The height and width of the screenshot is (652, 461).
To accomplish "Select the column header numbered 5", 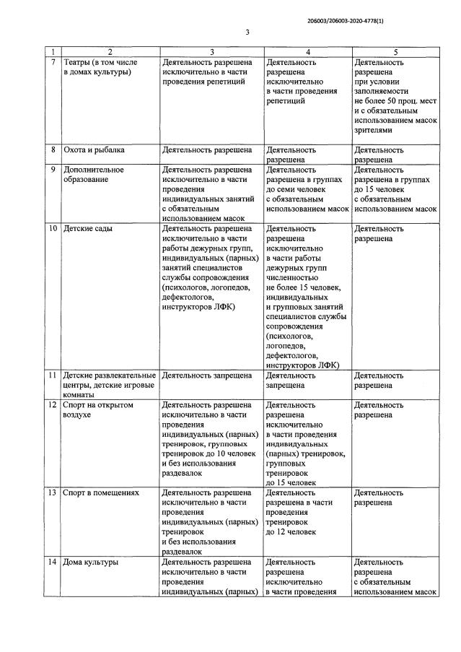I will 395,52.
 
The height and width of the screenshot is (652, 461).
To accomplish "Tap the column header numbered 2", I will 110,52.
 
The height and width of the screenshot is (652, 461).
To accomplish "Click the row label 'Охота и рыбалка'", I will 94,150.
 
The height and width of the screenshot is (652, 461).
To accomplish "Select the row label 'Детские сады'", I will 88,229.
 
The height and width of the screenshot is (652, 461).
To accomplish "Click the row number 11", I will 52,376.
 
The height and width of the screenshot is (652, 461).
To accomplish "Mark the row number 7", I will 52,62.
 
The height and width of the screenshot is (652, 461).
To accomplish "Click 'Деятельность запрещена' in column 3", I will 206,376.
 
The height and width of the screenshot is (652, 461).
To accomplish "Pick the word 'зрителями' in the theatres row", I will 374,131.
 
